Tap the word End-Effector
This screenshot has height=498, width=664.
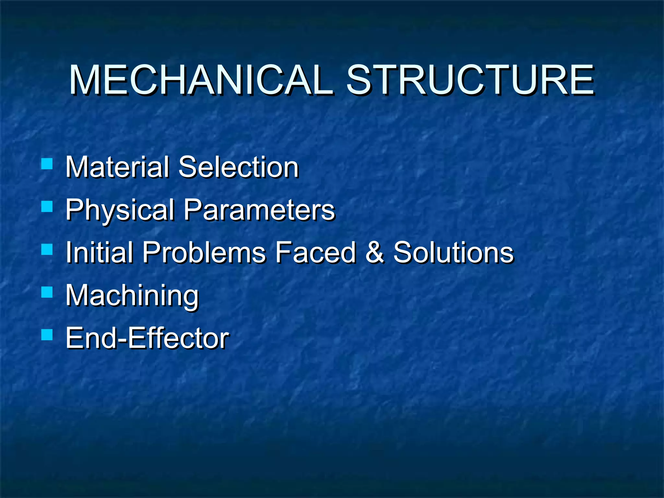pos(147,338)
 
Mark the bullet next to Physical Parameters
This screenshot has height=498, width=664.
pos(47,206)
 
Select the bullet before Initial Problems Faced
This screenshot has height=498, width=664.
pos(47,249)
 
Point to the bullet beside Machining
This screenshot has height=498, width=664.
pos(47,292)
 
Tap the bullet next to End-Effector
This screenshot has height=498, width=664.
pos(47,335)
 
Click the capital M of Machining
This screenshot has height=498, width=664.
pos(77,295)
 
